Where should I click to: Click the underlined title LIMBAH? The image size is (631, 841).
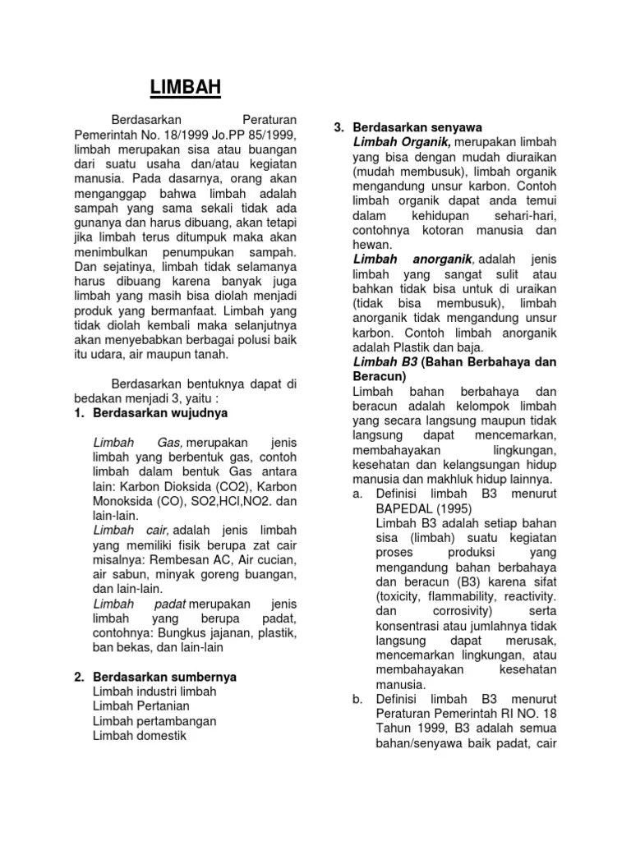pos(185,87)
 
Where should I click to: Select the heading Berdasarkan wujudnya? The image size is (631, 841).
pos(161,411)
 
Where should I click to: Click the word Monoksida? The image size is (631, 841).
pos(105,501)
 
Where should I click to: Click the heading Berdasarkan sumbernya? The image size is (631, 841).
pos(165,677)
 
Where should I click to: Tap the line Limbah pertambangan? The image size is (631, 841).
pos(154,720)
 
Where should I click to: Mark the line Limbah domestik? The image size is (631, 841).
pos(140,735)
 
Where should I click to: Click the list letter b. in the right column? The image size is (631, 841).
pos(357,699)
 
